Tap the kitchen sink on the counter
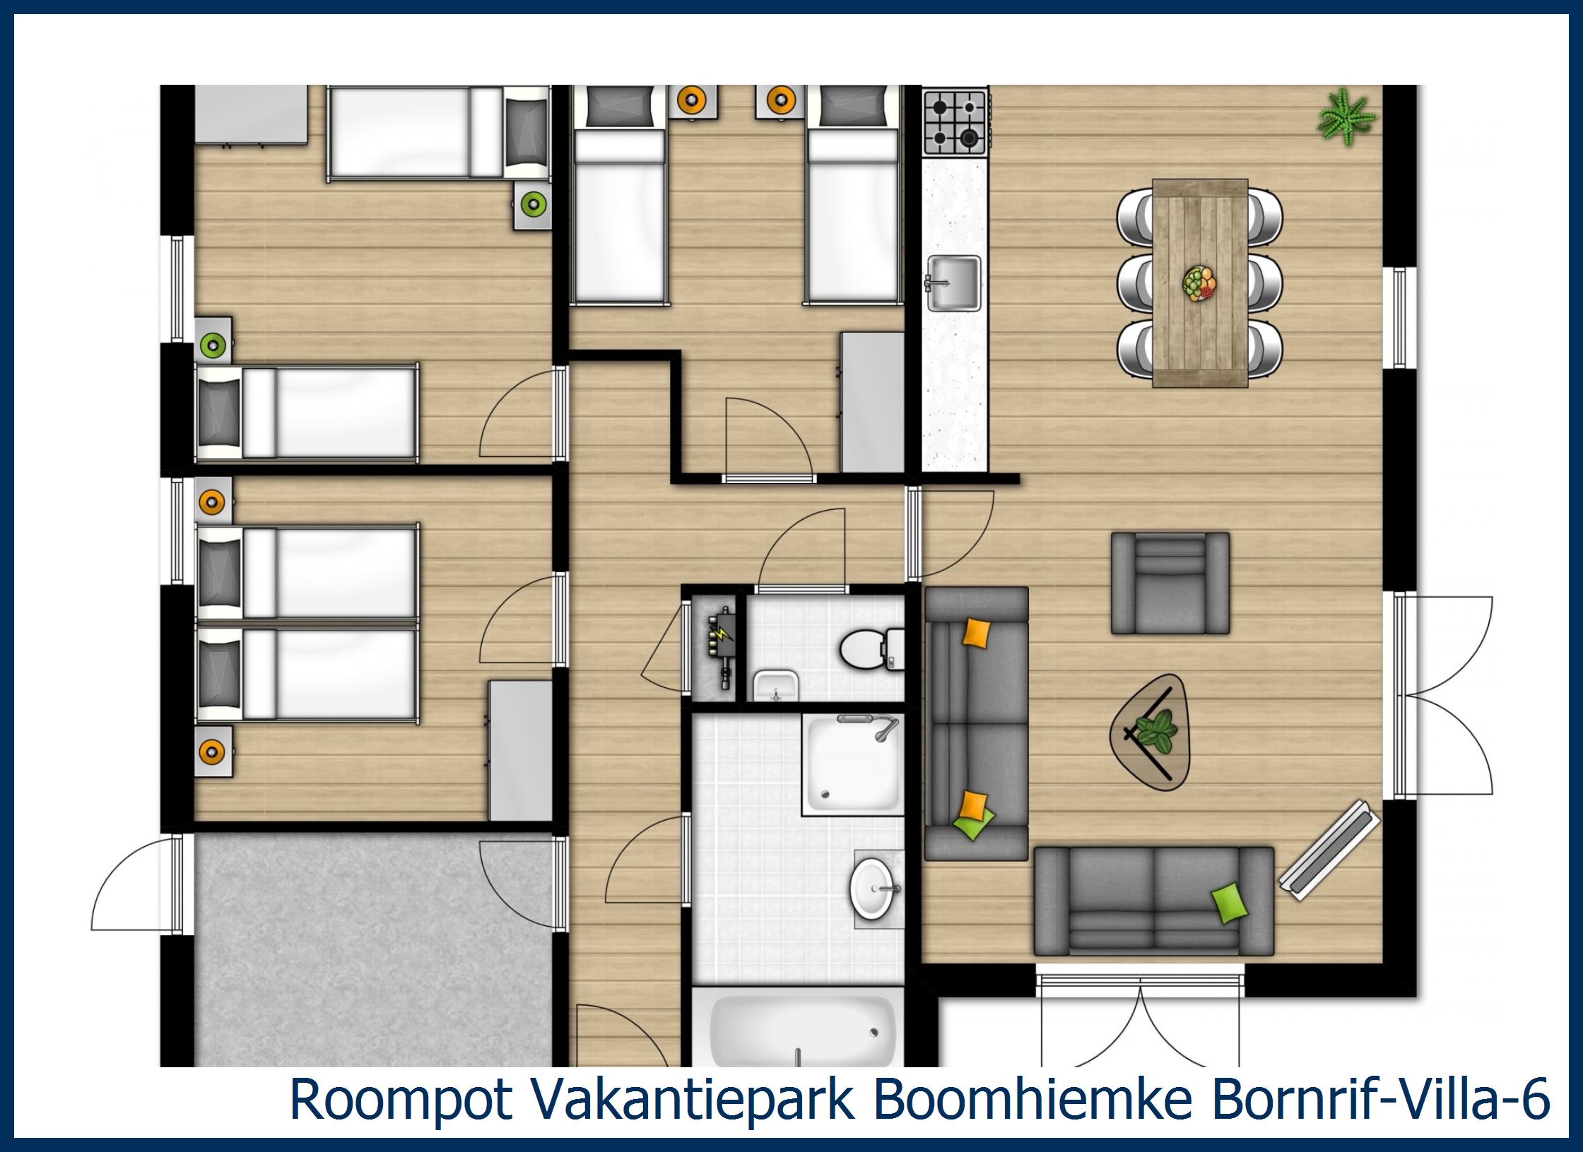point(953,283)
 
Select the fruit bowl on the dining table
point(1199,285)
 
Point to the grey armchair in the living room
point(1170,583)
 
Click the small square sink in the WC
point(775,684)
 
